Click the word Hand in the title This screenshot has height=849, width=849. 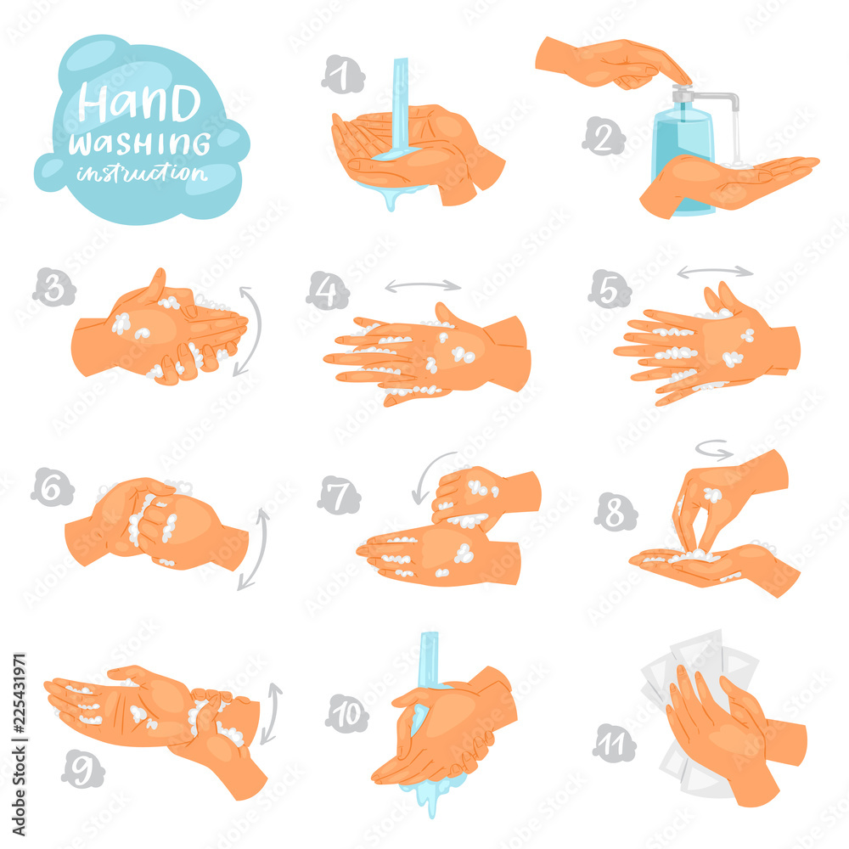pyautogui.click(x=140, y=104)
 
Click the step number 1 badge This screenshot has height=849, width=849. pyautogui.click(x=342, y=76)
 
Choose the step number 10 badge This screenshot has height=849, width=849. pyautogui.click(x=347, y=715)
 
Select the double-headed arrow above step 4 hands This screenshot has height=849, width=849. pyautogui.click(x=423, y=286)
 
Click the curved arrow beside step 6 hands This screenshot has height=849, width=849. pyautogui.click(x=255, y=548)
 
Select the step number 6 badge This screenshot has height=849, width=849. pyautogui.click(x=51, y=486)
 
